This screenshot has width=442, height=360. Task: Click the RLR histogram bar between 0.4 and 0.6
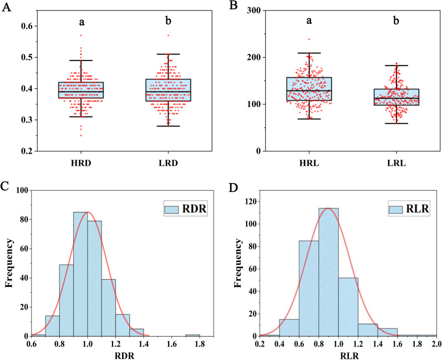(x=288, y=327)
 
